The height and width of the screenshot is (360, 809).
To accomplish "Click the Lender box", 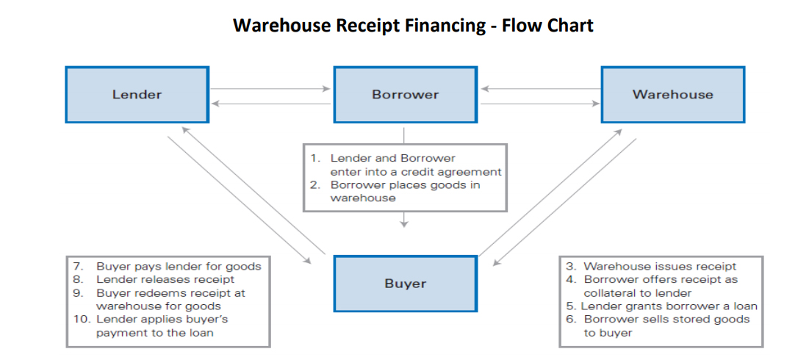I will point(137,95).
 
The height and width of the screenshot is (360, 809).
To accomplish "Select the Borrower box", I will point(405,95).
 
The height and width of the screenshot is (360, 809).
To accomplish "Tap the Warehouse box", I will point(672,95).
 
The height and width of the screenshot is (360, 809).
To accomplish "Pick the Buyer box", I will point(405,284).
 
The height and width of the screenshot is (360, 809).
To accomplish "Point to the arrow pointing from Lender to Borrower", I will point(270,89).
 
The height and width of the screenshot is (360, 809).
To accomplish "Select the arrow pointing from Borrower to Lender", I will point(270,104).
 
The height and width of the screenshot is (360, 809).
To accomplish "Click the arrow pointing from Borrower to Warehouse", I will point(540,104).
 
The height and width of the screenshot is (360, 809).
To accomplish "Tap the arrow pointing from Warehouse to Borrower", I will point(540,89).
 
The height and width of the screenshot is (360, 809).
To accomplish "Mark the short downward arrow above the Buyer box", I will point(404,220).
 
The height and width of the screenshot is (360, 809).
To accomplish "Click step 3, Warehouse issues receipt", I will point(659,267).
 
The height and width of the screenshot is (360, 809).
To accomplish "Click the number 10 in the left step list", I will point(81,319).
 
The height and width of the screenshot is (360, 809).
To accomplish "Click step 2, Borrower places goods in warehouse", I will point(403,191).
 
